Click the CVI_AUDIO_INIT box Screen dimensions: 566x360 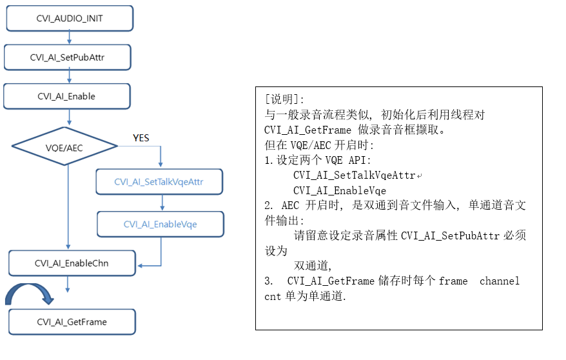[x=70, y=19]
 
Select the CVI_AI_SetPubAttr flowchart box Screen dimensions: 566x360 [x=68, y=57]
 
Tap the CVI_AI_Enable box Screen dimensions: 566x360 [x=67, y=96]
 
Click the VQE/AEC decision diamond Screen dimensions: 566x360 [x=64, y=146]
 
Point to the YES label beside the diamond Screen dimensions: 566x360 [x=141, y=138]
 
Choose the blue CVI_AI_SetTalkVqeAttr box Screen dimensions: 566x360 [x=159, y=182]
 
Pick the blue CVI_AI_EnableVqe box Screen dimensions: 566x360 [x=161, y=225]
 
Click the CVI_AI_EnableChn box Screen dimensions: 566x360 [x=72, y=263]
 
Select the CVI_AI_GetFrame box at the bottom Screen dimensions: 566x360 [x=72, y=322]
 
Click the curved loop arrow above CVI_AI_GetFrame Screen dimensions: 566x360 [x=29, y=286]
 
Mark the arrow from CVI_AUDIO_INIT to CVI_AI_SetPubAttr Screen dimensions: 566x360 [x=70, y=38]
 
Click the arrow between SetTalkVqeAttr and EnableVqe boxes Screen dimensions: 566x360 [x=162, y=203]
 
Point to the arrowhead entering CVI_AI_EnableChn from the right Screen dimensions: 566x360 [x=140, y=266]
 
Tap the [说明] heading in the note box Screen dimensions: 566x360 [x=284, y=99]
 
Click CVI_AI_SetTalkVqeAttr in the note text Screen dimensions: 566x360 [x=355, y=175]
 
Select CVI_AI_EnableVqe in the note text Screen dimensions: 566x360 [x=340, y=191]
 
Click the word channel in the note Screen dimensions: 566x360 [x=500, y=281]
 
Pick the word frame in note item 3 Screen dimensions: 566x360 [x=453, y=281]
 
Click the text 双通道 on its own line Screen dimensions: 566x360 [x=311, y=266]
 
